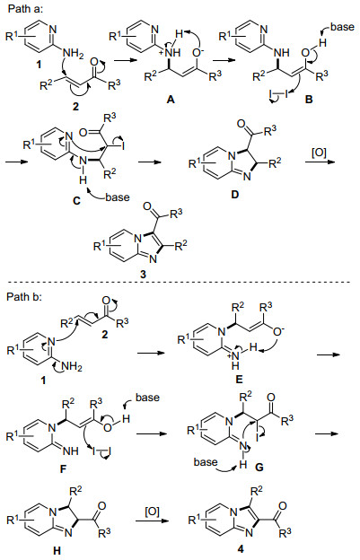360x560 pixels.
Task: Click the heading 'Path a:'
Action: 25,9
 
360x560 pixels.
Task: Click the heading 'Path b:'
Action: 24,297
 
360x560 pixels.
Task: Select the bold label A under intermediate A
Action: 171,100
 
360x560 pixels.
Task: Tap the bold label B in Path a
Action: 309,100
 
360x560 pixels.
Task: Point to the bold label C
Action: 77,201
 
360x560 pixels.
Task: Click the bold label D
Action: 234,195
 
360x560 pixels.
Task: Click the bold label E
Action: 240,380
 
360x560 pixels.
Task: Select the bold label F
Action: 64,468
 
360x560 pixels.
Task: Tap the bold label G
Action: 259,466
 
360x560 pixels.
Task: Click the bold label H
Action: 57,551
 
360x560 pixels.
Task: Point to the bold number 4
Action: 241,549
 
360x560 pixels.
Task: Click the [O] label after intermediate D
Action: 319,154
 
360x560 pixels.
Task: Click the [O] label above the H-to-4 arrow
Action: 152,512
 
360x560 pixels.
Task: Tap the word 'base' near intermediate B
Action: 342,27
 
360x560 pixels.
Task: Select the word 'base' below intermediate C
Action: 117,197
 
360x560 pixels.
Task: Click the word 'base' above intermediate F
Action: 147,398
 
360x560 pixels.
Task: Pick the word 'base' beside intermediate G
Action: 206,462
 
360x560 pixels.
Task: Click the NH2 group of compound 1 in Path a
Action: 73,54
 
